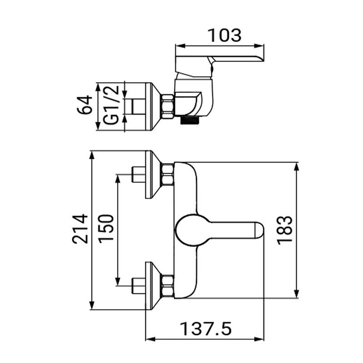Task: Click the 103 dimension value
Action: [x=224, y=35]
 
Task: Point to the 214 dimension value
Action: [x=80, y=229]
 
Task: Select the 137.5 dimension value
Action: [x=206, y=328]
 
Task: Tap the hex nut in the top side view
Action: [x=167, y=106]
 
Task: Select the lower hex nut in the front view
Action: [x=167, y=286]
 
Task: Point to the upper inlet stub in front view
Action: [x=137, y=175]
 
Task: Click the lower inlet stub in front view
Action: [x=137, y=286]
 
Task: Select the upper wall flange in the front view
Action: [x=152, y=175]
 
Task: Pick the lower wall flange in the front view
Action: [x=152, y=286]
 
